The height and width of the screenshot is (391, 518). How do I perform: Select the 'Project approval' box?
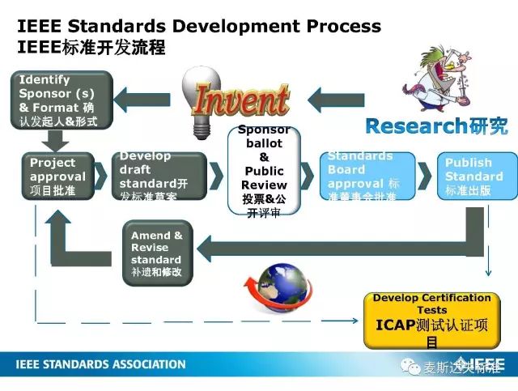tap(57, 176)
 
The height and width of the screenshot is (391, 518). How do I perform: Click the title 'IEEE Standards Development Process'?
tap(198, 25)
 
